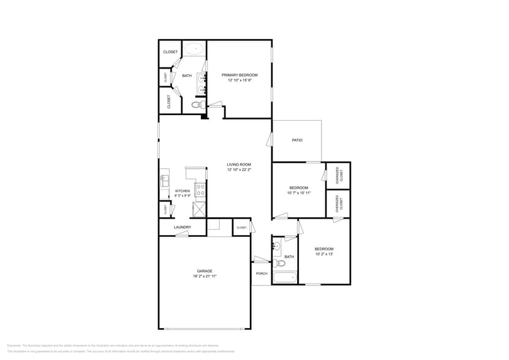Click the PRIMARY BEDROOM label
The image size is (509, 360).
[x=239, y=75]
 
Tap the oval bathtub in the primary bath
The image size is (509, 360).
[x=195, y=49]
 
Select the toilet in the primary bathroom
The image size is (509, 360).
[x=196, y=105]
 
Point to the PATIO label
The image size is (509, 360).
[x=297, y=140]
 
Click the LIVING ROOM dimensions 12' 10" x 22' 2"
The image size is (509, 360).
[x=239, y=170]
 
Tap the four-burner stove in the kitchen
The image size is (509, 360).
[x=200, y=190]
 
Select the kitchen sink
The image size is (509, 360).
[x=165, y=180]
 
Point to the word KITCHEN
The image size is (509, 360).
[x=183, y=191]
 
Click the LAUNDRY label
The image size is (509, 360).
[x=183, y=227]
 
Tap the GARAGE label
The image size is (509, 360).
[x=205, y=271]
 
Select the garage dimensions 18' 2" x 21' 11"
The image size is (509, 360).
[x=205, y=276]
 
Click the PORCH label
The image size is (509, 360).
[x=262, y=274]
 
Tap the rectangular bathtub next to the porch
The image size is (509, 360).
[x=285, y=277]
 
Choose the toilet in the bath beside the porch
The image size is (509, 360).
[x=281, y=263]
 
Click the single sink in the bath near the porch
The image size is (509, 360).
[x=276, y=247]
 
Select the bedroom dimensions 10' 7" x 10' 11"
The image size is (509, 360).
[x=299, y=193]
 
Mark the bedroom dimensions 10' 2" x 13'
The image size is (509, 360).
[x=324, y=254]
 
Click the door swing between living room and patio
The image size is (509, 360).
[x=269, y=139]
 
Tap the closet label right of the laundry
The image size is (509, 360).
[x=241, y=228]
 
